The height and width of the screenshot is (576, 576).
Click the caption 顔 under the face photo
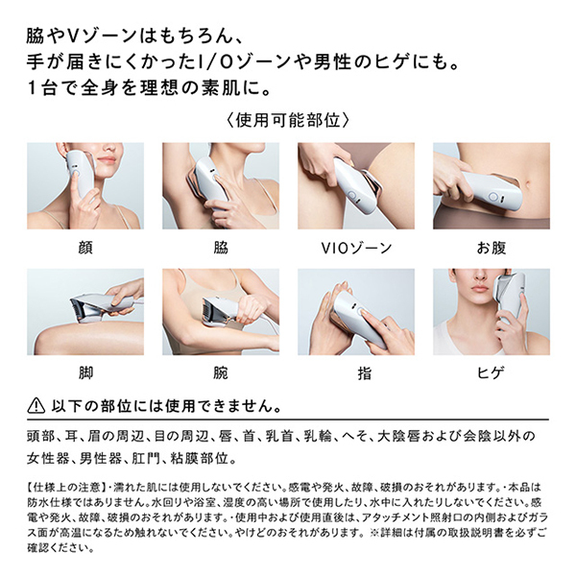click(x=85, y=248)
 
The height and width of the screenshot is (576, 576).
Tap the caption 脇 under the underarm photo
click(x=221, y=248)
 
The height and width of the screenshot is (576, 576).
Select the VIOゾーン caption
click(x=356, y=249)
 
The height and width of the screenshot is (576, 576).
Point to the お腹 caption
click(x=492, y=248)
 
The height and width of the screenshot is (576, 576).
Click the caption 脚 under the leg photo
click(x=85, y=372)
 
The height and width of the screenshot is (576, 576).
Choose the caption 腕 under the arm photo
click(x=221, y=372)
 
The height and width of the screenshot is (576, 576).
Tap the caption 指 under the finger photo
click(x=364, y=373)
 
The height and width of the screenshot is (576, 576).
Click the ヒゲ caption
click(x=492, y=372)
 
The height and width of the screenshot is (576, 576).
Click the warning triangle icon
click(x=36, y=406)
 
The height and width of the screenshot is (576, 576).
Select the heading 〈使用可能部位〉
click(x=288, y=120)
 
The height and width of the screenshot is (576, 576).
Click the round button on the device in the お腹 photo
click(x=493, y=198)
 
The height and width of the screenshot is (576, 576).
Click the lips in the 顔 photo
click(x=108, y=159)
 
